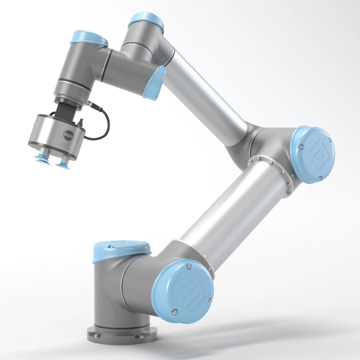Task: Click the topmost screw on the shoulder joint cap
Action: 189,267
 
